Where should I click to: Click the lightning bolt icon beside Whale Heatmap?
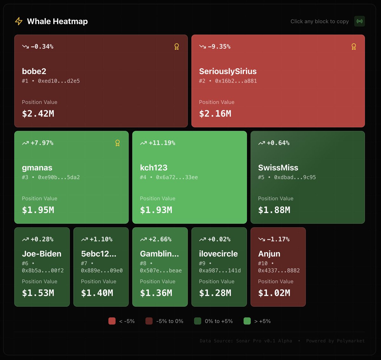tap(19, 21)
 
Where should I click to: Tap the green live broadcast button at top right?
tap(359, 21)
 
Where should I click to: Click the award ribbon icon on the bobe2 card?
tap(177, 47)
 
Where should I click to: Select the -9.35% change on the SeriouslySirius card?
tap(219, 47)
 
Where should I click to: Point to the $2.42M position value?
tap(38, 114)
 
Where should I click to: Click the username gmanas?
tap(37, 168)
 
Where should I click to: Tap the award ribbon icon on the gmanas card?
tap(117, 143)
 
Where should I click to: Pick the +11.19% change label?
tap(162, 143)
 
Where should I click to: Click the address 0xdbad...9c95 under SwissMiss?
tap(295, 177)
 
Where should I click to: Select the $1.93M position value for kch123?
tap(156, 210)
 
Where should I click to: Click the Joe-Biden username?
tap(42, 254)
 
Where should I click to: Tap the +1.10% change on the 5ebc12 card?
tap(101, 239)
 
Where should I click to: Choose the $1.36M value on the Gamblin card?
tap(156, 293)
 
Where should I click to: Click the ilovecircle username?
tap(218, 254)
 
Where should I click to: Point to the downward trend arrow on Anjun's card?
tap(262, 239)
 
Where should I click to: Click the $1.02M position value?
tap(274, 293)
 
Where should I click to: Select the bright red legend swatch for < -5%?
tap(112, 321)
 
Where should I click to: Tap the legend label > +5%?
tap(263, 321)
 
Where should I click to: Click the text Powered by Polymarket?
tap(335, 341)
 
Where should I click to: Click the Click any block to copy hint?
tap(319, 22)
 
